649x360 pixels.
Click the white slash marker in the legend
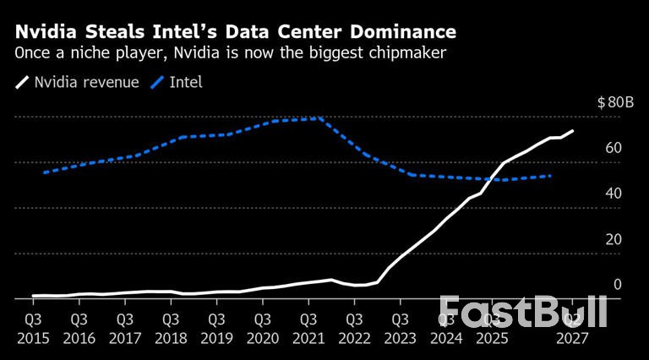coord(22,83)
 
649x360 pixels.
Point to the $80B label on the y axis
coord(614,103)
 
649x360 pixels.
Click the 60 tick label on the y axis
coord(614,149)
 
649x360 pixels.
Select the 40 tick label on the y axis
coord(614,194)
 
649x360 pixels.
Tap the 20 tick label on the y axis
coord(614,240)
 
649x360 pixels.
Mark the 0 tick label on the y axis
coord(617,286)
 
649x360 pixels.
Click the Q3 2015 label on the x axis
coord(31,329)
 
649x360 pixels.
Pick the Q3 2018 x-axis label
coord(170,329)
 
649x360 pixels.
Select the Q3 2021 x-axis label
coord(308,329)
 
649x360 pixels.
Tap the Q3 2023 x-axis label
coord(401,329)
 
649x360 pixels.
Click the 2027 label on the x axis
coord(573,337)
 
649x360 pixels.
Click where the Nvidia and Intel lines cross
coord(493,178)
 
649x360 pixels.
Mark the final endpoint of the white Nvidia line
coord(573,131)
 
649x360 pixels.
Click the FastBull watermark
coord(524,312)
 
